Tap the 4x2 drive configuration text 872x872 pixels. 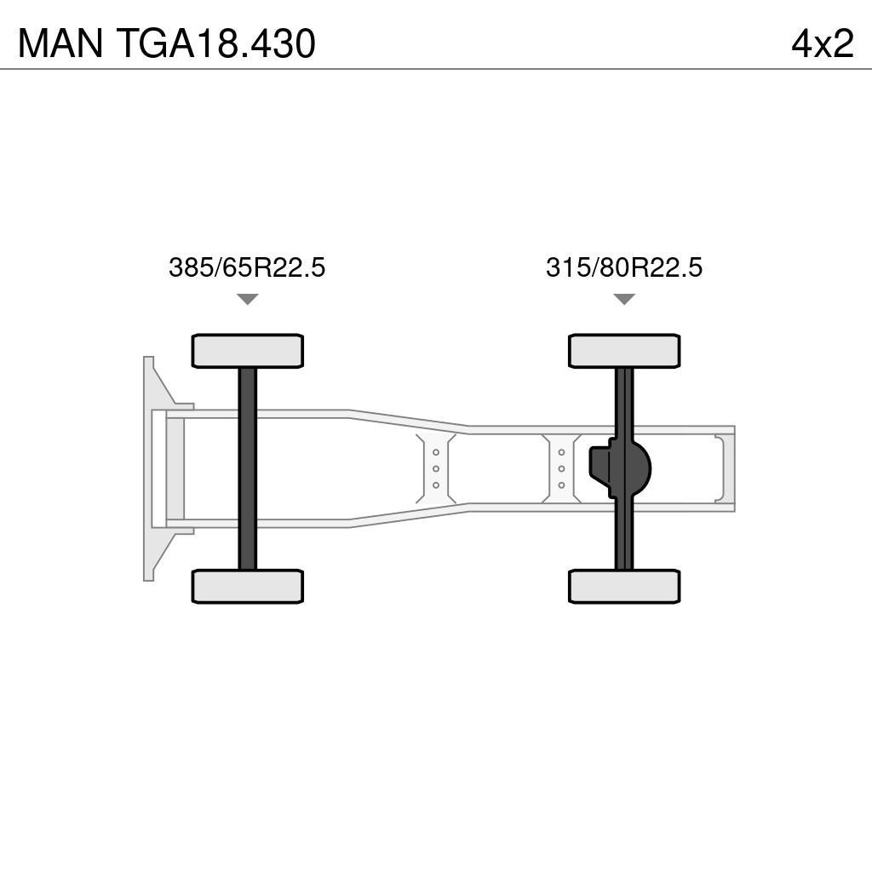[822, 44]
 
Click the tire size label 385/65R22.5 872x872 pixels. [247, 267]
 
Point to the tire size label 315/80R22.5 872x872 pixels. [624, 267]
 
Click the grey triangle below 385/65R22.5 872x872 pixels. [247, 299]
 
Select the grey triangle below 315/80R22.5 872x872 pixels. [624, 299]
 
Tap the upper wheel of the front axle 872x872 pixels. [247, 351]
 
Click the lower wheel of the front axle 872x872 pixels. [247, 587]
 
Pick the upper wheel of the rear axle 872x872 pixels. [624, 351]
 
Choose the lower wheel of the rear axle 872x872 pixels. [624, 587]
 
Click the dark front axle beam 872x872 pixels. [247, 468]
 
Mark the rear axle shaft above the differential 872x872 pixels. [624, 400]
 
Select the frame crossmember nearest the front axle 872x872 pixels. [436, 468]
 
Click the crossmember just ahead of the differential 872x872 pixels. [562, 468]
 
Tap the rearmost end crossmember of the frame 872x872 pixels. [724, 468]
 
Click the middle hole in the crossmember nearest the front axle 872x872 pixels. [436, 468]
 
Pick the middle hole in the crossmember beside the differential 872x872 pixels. [562, 468]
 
